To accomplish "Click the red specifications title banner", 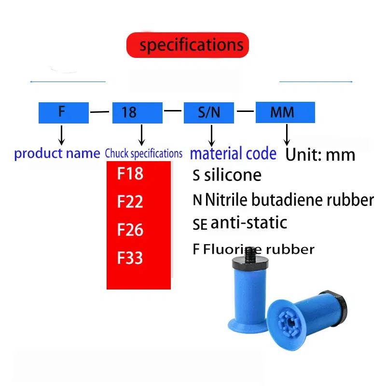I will pos(188,45).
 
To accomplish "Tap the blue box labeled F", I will pos(63,112).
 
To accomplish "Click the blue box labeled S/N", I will pos(209,112).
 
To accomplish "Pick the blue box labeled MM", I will pos(285,112).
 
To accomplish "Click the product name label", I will pos(57,154).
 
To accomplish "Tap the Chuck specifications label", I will pos(144,154).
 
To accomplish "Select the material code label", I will pos(234,154).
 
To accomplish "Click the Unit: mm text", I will pos(320,154).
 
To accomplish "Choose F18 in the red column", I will pos(130,174).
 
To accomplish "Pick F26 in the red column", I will pos(130,230).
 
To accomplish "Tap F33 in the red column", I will pos(130,258).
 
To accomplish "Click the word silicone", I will pos(233,175).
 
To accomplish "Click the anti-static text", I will pos(248,222).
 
